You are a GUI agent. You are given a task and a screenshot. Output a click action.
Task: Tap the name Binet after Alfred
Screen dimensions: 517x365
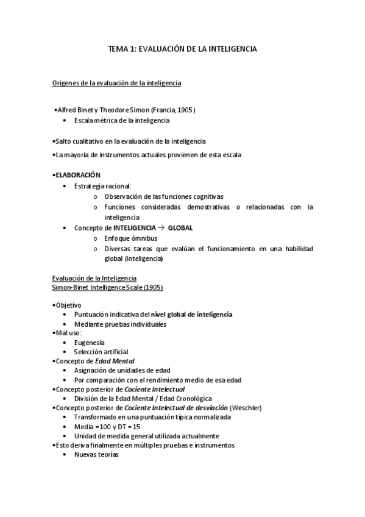point(85,110)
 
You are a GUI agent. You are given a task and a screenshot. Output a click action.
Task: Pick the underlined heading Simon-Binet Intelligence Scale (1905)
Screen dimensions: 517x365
point(107,287)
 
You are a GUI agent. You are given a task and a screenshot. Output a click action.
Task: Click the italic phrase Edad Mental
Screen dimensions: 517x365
point(116,361)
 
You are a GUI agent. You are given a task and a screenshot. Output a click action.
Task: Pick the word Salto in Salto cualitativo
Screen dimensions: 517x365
point(65,141)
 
